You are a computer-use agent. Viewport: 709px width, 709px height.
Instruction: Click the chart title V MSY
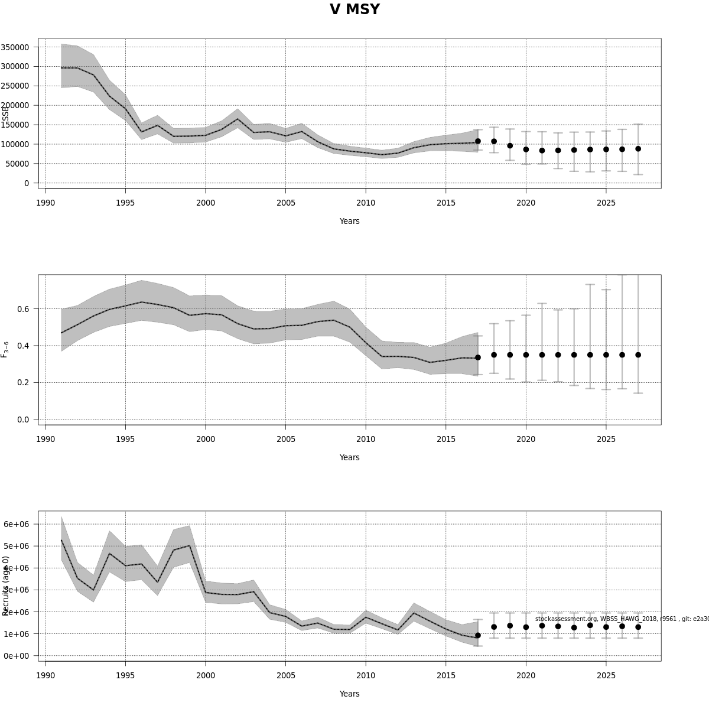[354, 10]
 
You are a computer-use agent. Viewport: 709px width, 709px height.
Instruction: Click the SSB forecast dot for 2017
[478, 141]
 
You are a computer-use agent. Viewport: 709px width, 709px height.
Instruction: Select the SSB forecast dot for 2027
[638, 149]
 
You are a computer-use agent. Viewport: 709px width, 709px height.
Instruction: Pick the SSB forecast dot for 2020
[526, 149]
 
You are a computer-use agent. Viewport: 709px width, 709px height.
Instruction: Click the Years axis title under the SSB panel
[349, 221]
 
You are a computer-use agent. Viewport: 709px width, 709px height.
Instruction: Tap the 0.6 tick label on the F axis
[23, 309]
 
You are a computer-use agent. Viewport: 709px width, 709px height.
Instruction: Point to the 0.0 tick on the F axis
[23, 419]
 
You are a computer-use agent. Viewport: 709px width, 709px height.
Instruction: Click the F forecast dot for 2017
[478, 357]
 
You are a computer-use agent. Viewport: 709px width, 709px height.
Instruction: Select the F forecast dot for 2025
[606, 355]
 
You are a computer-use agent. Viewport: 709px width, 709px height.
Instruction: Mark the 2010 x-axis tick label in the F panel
[366, 439]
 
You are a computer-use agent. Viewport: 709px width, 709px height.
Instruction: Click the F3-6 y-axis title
[5, 349]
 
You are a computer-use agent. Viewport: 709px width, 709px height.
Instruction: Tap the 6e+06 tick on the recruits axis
[17, 524]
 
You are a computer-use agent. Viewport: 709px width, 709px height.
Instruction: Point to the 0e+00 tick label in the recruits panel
[17, 656]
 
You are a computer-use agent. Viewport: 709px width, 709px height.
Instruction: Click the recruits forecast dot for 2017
[478, 635]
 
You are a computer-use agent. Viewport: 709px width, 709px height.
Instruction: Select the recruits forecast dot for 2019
[510, 626]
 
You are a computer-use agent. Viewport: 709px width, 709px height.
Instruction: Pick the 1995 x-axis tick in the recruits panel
[125, 661]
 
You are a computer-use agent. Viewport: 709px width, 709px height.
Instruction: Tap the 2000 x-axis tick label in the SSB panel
[206, 203]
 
